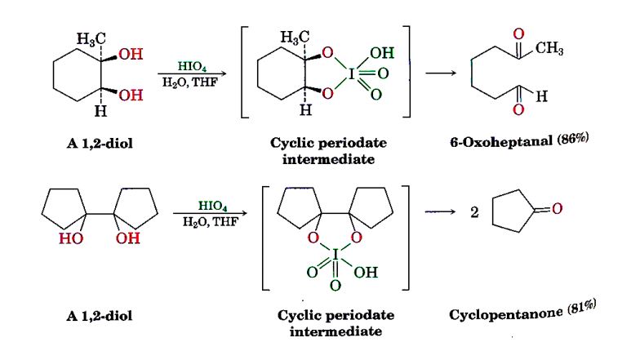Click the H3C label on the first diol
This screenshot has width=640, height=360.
coord(90,38)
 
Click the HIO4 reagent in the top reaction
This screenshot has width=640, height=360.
coord(193,64)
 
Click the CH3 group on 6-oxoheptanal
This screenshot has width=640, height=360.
coord(549,50)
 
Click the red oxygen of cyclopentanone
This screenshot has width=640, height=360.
coord(557,210)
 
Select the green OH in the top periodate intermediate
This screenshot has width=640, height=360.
coord(381,53)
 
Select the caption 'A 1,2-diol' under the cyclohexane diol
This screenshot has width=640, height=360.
coord(101,142)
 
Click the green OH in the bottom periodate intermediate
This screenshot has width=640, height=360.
coord(364,272)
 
